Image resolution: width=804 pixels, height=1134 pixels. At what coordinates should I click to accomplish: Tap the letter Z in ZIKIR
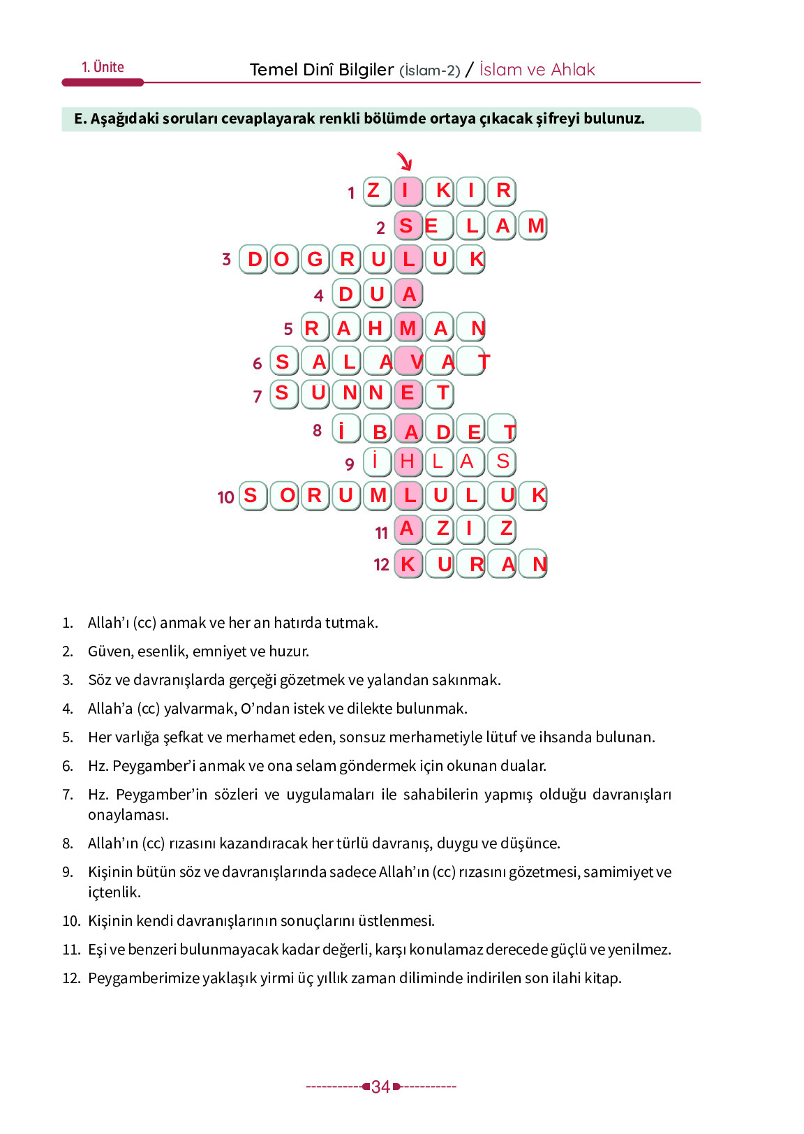[375, 191]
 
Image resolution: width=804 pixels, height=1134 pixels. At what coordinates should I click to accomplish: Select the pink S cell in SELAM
[408, 226]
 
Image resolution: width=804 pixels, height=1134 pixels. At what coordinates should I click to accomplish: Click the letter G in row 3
[315, 259]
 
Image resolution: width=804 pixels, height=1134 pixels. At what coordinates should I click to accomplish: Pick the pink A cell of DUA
[409, 294]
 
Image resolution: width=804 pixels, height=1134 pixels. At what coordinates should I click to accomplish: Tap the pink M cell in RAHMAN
[408, 327]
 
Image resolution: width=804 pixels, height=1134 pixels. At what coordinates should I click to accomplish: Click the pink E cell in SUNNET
[408, 393]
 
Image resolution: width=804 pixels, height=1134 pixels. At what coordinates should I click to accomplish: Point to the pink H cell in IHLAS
[408, 462]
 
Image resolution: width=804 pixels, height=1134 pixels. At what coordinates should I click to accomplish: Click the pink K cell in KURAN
[408, 564]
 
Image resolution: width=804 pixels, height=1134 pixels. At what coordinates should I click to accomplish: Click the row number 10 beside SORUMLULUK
[225, 497]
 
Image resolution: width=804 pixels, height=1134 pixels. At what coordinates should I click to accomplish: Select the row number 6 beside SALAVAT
[257, 363]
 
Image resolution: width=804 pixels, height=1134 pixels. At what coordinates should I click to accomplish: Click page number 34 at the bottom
[380, 1087]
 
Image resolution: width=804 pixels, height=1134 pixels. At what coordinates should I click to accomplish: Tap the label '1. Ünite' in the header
[103, 67]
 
